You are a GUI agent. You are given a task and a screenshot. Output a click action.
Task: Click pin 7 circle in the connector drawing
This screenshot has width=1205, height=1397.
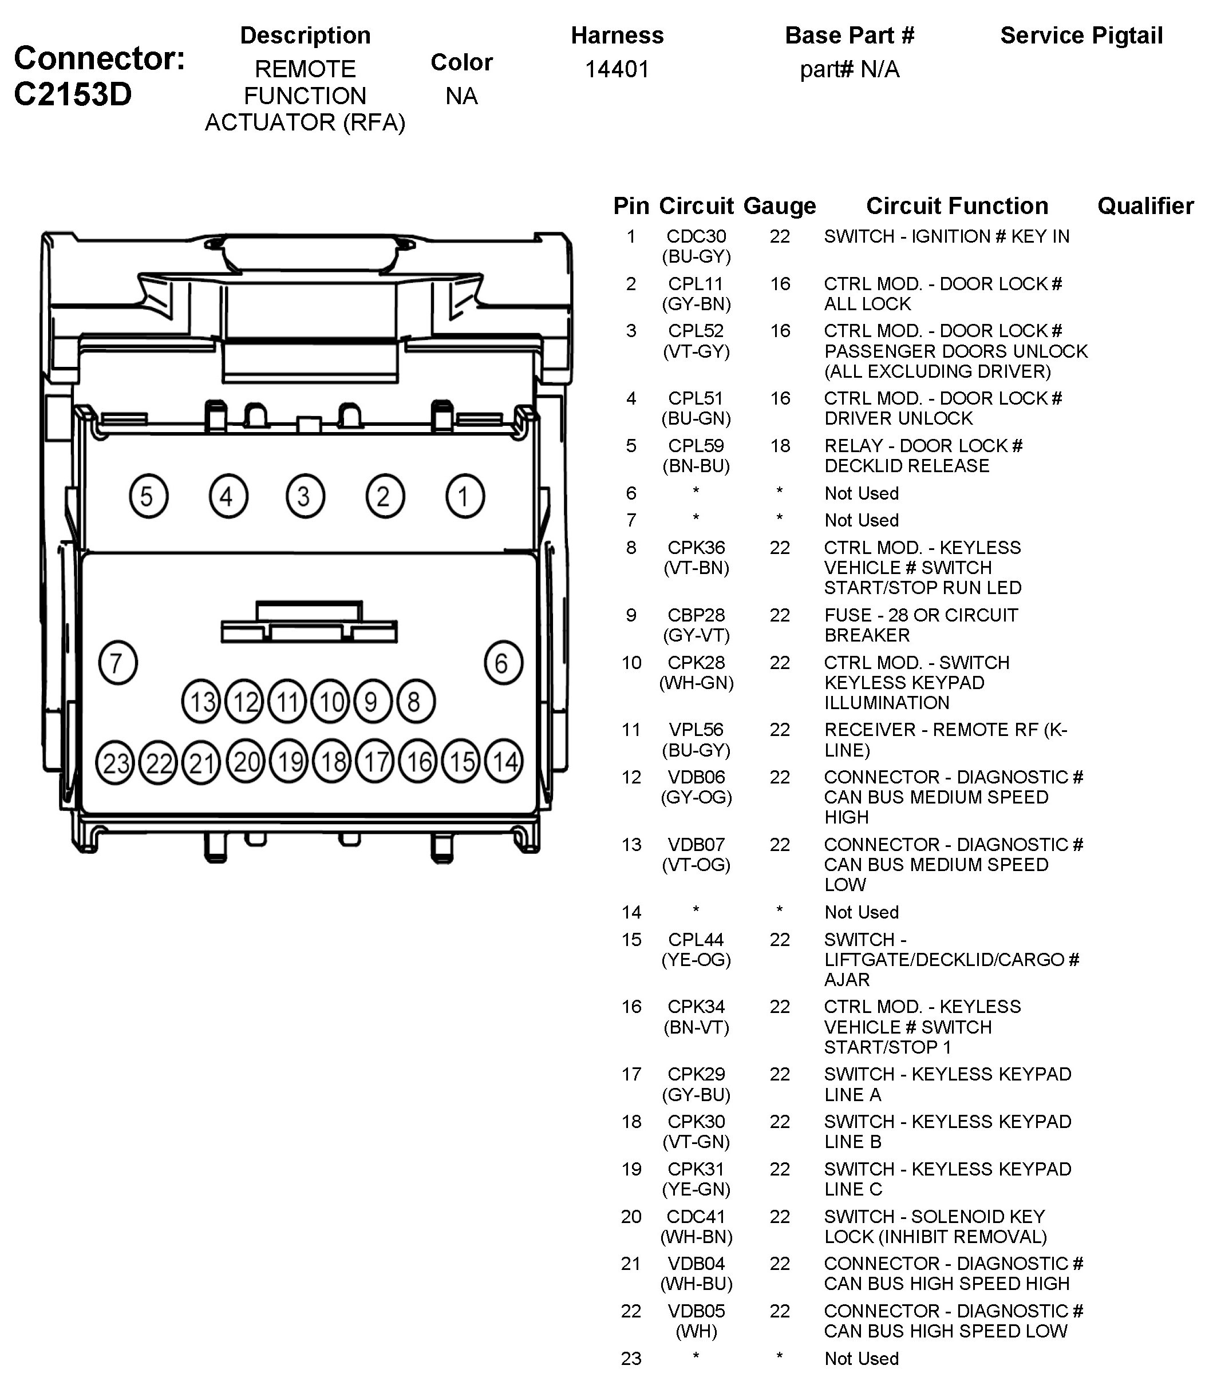(x=118, y=663)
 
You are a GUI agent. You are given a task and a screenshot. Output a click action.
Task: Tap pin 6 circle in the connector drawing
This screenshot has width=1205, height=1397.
(x=503, y=663)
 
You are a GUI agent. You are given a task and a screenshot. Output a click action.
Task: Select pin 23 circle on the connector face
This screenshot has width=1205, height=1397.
(x=116, y=762)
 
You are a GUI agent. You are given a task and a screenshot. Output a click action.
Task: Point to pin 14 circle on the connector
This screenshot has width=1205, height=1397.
(x=504, y=761)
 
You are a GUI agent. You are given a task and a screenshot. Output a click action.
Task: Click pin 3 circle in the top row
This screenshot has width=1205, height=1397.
(x=305, y=496)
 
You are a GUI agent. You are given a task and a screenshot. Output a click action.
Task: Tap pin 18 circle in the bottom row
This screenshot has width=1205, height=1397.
(x=333, y=762)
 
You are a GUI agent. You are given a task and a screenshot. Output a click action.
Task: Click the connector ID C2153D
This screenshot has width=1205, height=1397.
(x=73, y=94)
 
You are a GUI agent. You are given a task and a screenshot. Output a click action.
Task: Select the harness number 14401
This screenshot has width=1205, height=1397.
(x=617, y=69)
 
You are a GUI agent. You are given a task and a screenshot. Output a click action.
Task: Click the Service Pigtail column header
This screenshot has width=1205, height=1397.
(x=1081, y=35)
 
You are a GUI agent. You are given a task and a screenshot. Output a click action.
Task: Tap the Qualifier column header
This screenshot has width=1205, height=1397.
(x=1145, y=205)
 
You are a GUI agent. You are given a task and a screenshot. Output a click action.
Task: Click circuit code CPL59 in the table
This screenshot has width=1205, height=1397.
(x=696, y=446)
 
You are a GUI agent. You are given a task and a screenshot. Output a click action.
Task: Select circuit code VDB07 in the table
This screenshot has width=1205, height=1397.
(x=696, y=844)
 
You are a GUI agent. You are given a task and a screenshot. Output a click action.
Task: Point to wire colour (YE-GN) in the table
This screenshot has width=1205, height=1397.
(x=696, y=1189)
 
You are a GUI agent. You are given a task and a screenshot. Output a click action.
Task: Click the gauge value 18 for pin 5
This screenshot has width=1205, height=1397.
(x=780, y=446)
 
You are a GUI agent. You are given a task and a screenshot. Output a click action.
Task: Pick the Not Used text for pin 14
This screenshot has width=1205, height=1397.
(x=861, y=912)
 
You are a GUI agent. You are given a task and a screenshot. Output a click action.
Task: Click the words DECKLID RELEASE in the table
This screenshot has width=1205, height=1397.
(x=906, y=466)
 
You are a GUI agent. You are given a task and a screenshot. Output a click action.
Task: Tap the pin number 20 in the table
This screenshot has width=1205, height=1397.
(x=631, y=1216)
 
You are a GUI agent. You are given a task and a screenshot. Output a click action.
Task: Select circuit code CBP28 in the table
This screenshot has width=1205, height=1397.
(x=696, y=615)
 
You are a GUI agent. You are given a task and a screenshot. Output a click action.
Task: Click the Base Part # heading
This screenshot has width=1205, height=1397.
(x=849, y=35)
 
